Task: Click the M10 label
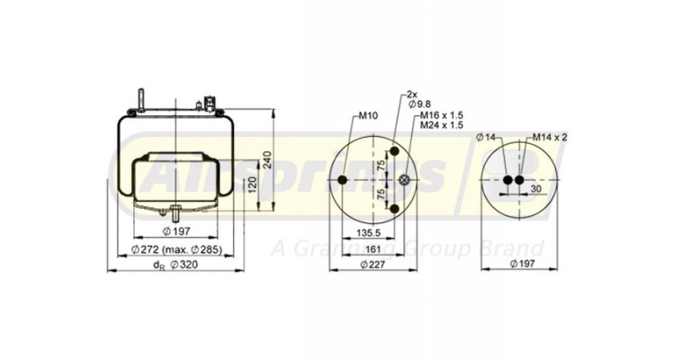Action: coord(368,116)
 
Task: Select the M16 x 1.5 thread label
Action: coord(440,115)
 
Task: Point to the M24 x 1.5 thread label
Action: coord(440,125)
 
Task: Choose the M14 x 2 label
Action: coord(549,136)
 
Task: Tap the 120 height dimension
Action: coord(253,184)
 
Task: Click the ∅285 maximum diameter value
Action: coord(210,249)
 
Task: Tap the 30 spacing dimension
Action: coord(535,190)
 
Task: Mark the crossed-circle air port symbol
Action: coord(405,181)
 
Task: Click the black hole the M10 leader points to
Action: coord(343,181)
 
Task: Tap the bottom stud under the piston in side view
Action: coord(172,215)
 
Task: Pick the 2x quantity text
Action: coord(413,94)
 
